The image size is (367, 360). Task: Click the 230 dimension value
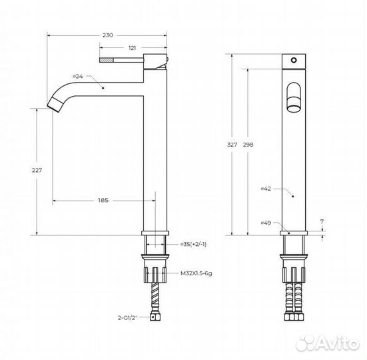108,35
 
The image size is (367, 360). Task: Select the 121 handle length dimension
132,48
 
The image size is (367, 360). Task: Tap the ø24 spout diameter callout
78,77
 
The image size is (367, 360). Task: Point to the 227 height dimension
37,170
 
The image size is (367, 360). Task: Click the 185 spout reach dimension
103,201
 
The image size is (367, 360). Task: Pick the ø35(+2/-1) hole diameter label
193,245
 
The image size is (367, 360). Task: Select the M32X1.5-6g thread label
196,273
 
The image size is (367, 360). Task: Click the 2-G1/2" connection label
128,318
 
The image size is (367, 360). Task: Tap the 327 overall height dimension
232,145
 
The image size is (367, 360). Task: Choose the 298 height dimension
248,145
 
